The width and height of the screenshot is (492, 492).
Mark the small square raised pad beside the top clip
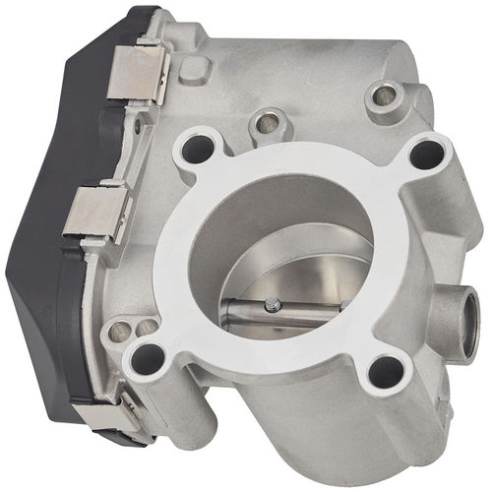click(194, 68)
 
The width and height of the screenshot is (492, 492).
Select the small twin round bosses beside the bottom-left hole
click(128, 329)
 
